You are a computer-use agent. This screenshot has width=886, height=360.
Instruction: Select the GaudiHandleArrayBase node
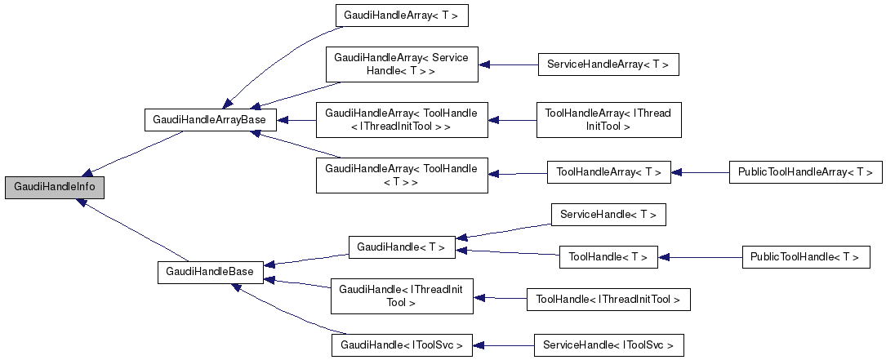click(211, 119)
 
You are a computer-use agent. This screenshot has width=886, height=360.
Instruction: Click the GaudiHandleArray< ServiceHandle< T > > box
click(401, 64)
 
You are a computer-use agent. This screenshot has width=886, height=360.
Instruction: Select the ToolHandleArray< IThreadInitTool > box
click(608, 120)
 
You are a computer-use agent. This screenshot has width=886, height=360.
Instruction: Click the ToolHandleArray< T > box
click(608, 172)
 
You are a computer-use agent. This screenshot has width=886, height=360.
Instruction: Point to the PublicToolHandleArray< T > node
click(805, 172)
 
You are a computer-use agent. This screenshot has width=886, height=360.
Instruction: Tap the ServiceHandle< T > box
click(608, 215)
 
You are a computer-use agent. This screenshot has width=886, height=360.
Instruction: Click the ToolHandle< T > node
click(608, 257)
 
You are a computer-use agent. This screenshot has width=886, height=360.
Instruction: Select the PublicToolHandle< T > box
click(805, 257)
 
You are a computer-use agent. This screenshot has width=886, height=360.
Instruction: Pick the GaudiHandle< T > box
click(402, 247)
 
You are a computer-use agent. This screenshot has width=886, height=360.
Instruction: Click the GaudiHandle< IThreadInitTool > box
click(401, 296)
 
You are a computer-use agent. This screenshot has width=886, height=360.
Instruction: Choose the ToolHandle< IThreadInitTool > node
click(608, 300)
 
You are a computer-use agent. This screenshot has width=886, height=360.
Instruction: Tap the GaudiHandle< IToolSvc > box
click(402, 345)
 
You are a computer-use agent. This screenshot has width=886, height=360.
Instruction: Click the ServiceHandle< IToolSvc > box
click(608, 345)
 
